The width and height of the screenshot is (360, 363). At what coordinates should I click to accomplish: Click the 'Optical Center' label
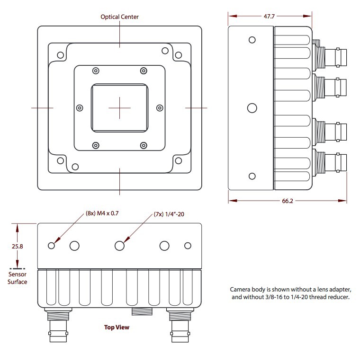pyautogui.click(x=119, y=17)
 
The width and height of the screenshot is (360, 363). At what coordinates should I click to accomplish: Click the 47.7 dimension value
pyautogui.click(x=269, y=16)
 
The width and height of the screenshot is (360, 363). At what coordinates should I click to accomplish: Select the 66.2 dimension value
pyautogui.click(x=288, y=201)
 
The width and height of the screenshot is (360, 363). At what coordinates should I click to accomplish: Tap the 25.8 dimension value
pyautogui.click(x=17, y=247)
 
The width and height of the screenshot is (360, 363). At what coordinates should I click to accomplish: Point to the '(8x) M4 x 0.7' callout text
pyautogui.click(x=102, y=213)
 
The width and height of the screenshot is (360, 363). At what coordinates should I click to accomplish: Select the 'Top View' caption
pyautogui.click(x=117, y=327)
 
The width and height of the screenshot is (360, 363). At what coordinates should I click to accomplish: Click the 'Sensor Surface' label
pyautogui.click(x=18, y=278)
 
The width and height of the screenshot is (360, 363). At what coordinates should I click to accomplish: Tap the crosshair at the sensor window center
pyautogui.click(x=119, y=108)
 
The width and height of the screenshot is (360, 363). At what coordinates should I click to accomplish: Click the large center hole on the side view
pyautogui.click(x=252, y=108)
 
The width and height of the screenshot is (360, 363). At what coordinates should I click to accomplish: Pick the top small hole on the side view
pyautogui.click(x=252, y=40)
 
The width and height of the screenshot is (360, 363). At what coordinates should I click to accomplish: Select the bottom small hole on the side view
pyautogui.click(x=252, y=176)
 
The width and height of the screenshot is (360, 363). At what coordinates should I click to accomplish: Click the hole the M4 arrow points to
pyautogui.click(x=52, y=245)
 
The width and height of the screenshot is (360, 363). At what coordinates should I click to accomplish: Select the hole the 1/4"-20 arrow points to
pyautogui.click(x=119, y=245)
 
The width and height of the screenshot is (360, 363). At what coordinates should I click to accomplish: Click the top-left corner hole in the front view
pyautogui.click(x=60, y=55)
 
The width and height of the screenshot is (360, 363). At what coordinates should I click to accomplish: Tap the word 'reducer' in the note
pyautogui.click(x=338, y=297)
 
